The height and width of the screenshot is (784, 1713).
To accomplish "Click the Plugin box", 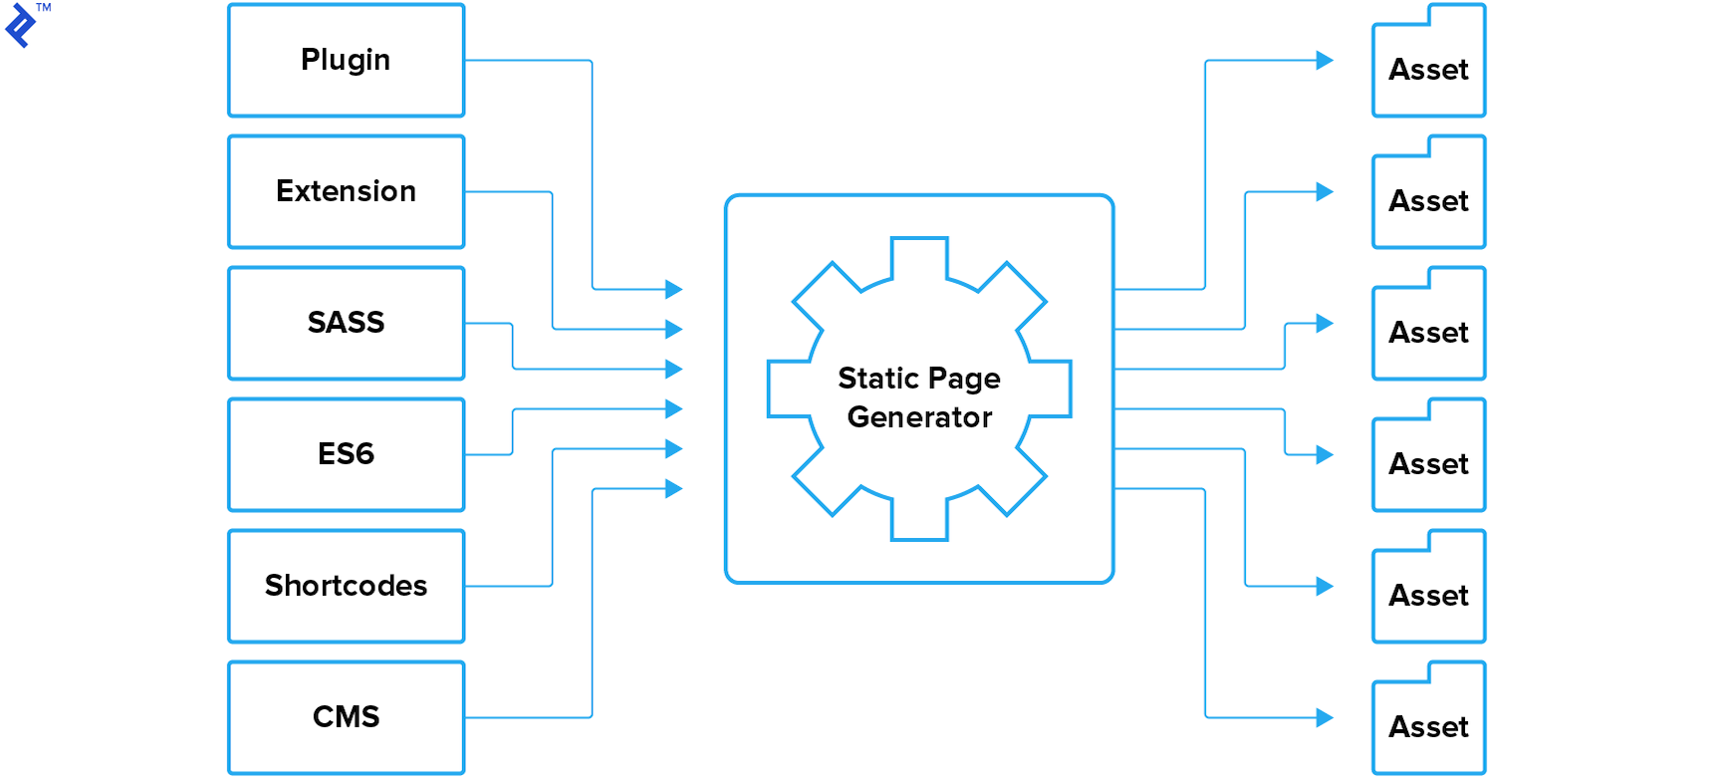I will coord(346,61).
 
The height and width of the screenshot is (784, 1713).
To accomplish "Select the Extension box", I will coord(346,191).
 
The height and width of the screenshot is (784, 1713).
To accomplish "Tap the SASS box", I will coord(346,323).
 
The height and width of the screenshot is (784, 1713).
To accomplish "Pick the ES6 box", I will coord(346,454).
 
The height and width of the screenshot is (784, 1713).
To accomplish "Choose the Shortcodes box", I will coord(346,586).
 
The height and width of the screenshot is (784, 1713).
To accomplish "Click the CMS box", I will coord(346,717).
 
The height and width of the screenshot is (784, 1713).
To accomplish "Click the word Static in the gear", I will coord(877,379).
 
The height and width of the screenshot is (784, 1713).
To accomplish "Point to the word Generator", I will coord(919,417).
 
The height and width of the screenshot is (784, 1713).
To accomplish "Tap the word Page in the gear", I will coord(964,380).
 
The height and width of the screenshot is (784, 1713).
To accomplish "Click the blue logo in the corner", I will coord(20,25).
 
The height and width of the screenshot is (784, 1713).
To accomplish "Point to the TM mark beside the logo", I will coord(44,8).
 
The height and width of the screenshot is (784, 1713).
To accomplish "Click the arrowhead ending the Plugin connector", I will coord(674,289).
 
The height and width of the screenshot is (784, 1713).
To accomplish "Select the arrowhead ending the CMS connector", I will coord(674,488).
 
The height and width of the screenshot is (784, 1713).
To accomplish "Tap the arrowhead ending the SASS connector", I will coord(674,369).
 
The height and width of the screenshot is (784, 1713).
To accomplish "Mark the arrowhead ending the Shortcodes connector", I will coord(674,448).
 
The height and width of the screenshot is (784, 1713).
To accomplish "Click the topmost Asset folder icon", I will coord(1428,62).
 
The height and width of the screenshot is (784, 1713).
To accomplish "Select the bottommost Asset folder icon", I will coord(1428,719).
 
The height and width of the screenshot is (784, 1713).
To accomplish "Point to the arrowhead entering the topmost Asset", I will coord(1325,60).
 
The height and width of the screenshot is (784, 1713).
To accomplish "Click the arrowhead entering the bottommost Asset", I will coord(1325,717).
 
